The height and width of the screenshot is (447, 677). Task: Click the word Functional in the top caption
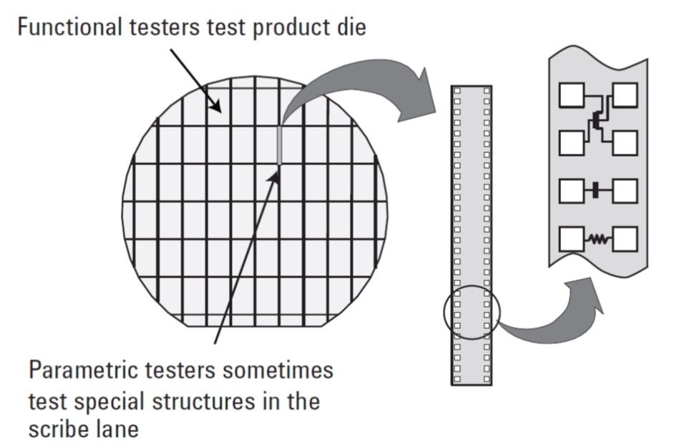(69, 26)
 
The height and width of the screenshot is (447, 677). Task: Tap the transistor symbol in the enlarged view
(598, 120)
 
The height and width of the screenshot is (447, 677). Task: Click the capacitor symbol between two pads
(596, 190)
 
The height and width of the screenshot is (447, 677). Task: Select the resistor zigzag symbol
(598, 239)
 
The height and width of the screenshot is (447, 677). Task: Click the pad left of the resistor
(572, 239)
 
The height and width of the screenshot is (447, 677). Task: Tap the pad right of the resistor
(624, 239)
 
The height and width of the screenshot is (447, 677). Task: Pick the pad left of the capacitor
(572, 191)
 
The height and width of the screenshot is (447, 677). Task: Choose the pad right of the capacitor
(624, 191)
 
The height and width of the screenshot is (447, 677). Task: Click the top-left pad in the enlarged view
(572, 95)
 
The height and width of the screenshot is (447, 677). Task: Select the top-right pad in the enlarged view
(624, 95)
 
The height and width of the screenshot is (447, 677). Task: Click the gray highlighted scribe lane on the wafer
(279, 145)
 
